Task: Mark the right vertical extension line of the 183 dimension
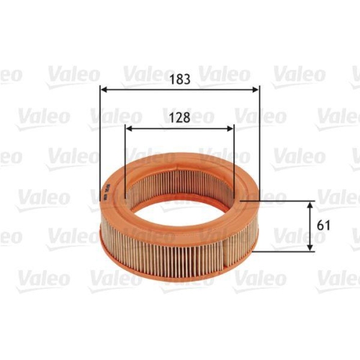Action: (x=258, y=144)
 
